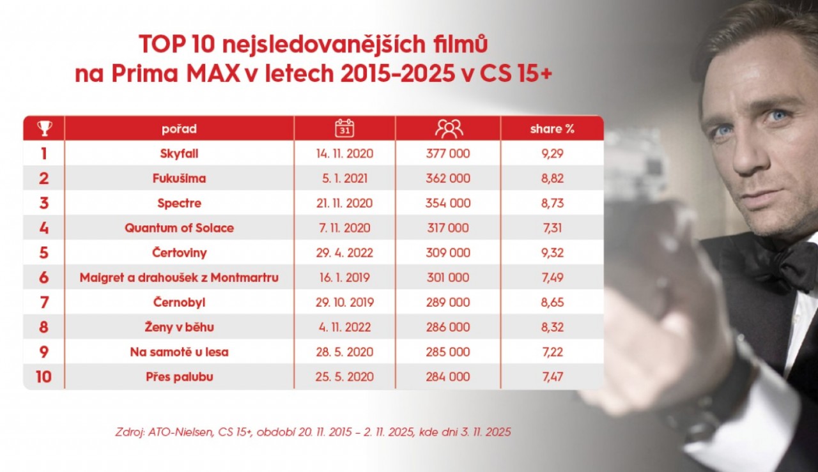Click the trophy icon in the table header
pos(44,128)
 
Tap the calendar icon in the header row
pos(344,128)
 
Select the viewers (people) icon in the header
pos(449,128)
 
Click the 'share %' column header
pos(552,129)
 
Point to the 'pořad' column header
pos(179,129)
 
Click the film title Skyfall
pos(179,154)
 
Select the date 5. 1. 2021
pos(344,179)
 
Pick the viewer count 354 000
pos(448,204)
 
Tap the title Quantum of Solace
pos(179,228)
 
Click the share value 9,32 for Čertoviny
pos(552,253)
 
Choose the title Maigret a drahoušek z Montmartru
pos(179,278)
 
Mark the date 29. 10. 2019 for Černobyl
pos(344,303)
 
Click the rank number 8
pos(43,328)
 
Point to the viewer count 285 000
pos(448,352)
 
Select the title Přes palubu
pos(179,377)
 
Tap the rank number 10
pos(43,377)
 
